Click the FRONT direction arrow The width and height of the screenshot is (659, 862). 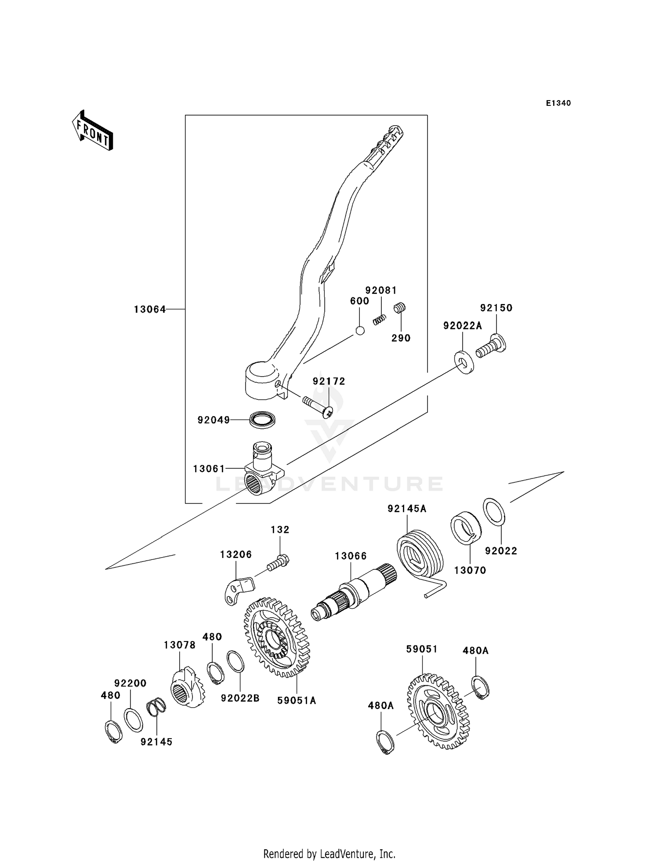tap(93, 131)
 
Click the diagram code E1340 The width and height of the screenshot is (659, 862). tap(558, 103)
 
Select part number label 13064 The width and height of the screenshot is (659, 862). tap(150, 309)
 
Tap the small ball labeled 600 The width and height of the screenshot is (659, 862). tap(360, 330)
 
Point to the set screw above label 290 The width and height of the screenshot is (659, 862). tap(399, 308)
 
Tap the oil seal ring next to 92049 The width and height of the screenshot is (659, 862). tap(262, 420)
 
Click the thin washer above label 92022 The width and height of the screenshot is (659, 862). tap(494, 512)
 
